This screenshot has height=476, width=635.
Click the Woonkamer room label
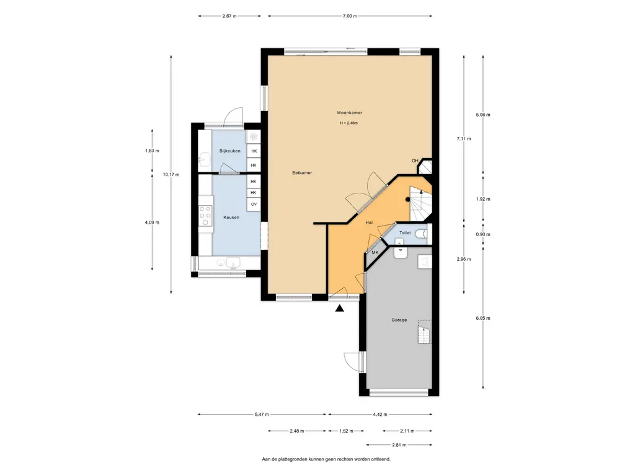[349, 113]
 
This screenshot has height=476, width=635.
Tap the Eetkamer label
[302, 173]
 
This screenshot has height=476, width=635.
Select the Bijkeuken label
[229, 151]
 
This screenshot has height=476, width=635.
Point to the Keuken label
[231, 218]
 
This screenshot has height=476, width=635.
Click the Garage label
[399, 320]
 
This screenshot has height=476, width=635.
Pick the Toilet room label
[405, 233]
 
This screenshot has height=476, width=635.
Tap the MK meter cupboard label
[375, 253]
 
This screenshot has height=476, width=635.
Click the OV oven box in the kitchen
[254, 205]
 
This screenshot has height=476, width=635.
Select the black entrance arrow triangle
[339, 309]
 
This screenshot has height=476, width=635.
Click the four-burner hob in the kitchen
[205, 216]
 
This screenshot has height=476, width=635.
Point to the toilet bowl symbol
[422, 233]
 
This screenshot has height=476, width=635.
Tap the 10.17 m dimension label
[171, 174]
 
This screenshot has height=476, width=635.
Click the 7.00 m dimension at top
[350, 16]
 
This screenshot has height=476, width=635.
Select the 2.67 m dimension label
[229, 16]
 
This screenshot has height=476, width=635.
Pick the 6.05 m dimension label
[482, 318]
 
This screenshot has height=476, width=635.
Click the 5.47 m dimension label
[262, 415]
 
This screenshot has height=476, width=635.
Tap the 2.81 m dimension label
[399, 445]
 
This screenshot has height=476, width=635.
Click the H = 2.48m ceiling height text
[349, 123]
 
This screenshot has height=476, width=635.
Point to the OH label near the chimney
[415, 161]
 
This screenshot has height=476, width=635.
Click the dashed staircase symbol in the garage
[424, 332]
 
